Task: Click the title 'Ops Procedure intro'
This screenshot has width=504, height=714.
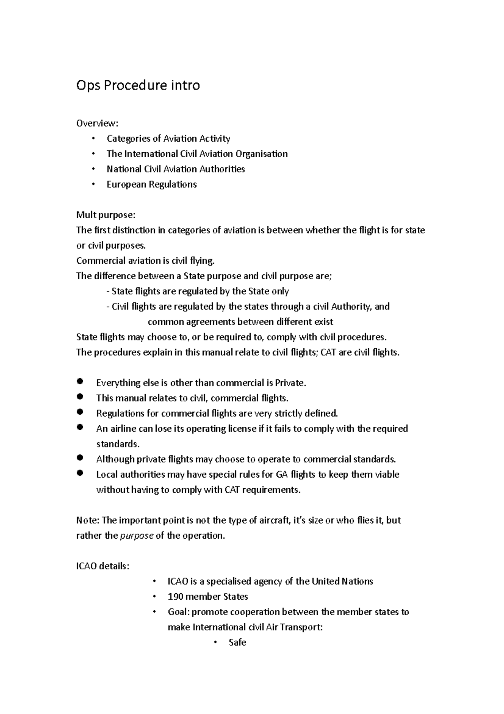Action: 138,85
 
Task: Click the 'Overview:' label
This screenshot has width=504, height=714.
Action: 97,123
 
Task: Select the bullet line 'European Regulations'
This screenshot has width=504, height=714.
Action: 151,184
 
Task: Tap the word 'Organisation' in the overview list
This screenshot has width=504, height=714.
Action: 261,154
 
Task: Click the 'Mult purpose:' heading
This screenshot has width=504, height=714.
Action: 105,215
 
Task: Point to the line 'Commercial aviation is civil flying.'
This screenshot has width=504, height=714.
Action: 145,261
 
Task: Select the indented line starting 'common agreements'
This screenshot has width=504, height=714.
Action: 240,322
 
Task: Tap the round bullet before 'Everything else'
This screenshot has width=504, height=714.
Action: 81,381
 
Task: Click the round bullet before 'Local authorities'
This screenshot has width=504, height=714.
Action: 81,473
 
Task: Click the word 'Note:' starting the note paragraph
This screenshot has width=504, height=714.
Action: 87,521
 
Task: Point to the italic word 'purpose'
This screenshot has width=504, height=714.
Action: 137,536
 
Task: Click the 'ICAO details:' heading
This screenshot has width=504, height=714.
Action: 102,566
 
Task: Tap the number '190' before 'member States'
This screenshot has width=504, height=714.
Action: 175,597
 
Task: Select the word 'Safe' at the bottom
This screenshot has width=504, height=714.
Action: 237,643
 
